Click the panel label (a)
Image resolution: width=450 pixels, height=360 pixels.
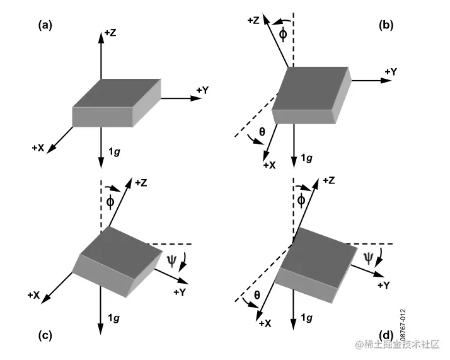pyautogui.click(x=45, y=25)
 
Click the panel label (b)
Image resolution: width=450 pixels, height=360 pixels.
pyautogui.click(x=386, y=25)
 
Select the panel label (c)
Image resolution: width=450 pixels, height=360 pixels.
pyautogui.click(x=45, y=335)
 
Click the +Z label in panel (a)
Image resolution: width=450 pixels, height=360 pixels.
pyautogui.click(x=110, y=32)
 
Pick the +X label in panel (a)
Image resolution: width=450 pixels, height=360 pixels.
pyautogui.click(x=38, y=148)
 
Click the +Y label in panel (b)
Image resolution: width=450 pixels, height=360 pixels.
pyautogui.click(x=391, y=71)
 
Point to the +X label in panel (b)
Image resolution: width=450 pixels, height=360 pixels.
pyautogui.click(x=269, y=165)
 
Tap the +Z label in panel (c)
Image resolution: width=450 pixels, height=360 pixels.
pyautogui.click(x=141, y=183)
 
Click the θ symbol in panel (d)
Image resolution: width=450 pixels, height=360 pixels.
pyautogui.click(x=256, y=294)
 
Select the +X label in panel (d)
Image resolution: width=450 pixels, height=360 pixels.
pyautogui.click(x=265, y=323)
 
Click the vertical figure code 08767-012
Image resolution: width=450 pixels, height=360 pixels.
pyautogui.click(x=403, y=322)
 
